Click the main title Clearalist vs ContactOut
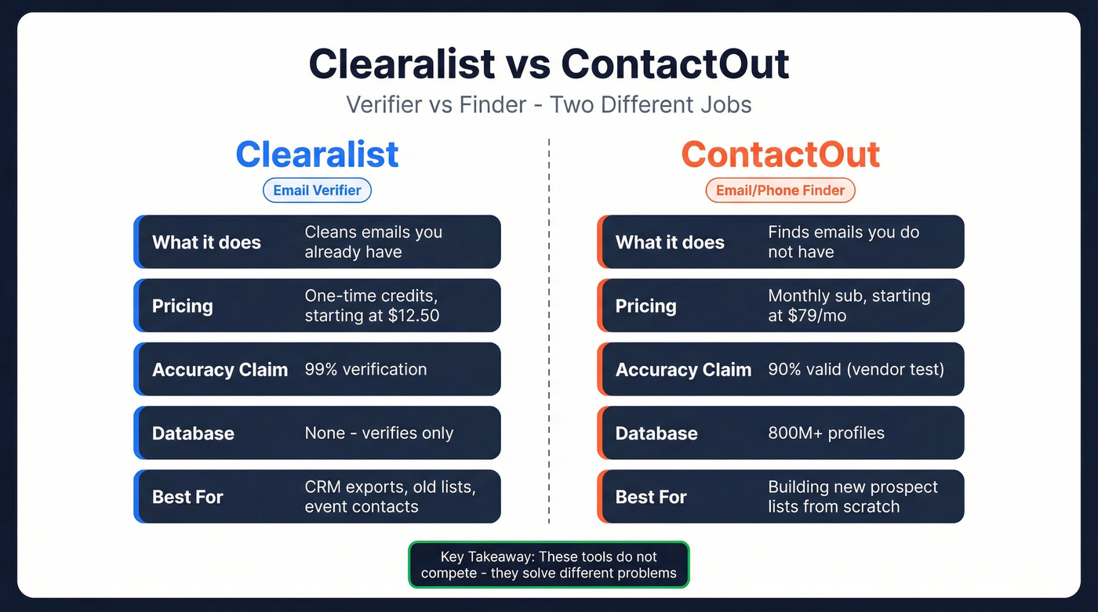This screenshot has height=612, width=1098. coord(548,64)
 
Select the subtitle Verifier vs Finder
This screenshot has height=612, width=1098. coord(548,104)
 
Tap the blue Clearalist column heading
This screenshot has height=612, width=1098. coord(317,154)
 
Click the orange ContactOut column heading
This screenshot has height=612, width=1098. coord(780,154)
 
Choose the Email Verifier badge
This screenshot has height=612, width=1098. coord(317,190)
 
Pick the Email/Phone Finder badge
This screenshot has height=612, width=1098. coord(780,190)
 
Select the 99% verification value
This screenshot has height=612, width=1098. coord(365,369)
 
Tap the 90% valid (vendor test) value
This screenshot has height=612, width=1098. coord(856,369)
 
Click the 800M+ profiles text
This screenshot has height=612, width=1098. coord(826,433)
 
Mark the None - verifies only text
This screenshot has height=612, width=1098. coord(379,433)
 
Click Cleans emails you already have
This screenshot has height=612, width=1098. coord(373,242)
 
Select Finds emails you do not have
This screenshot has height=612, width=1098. coord(843,242)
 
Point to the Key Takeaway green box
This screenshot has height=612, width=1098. coord(548,564)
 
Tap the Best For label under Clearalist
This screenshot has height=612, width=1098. coord(187,497)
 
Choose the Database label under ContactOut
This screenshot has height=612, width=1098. coord(656,433)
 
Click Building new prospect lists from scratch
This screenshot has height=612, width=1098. coord(853,497)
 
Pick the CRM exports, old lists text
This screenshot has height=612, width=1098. coord(390,487)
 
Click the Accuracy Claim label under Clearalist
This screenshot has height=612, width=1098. coord(220,370)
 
